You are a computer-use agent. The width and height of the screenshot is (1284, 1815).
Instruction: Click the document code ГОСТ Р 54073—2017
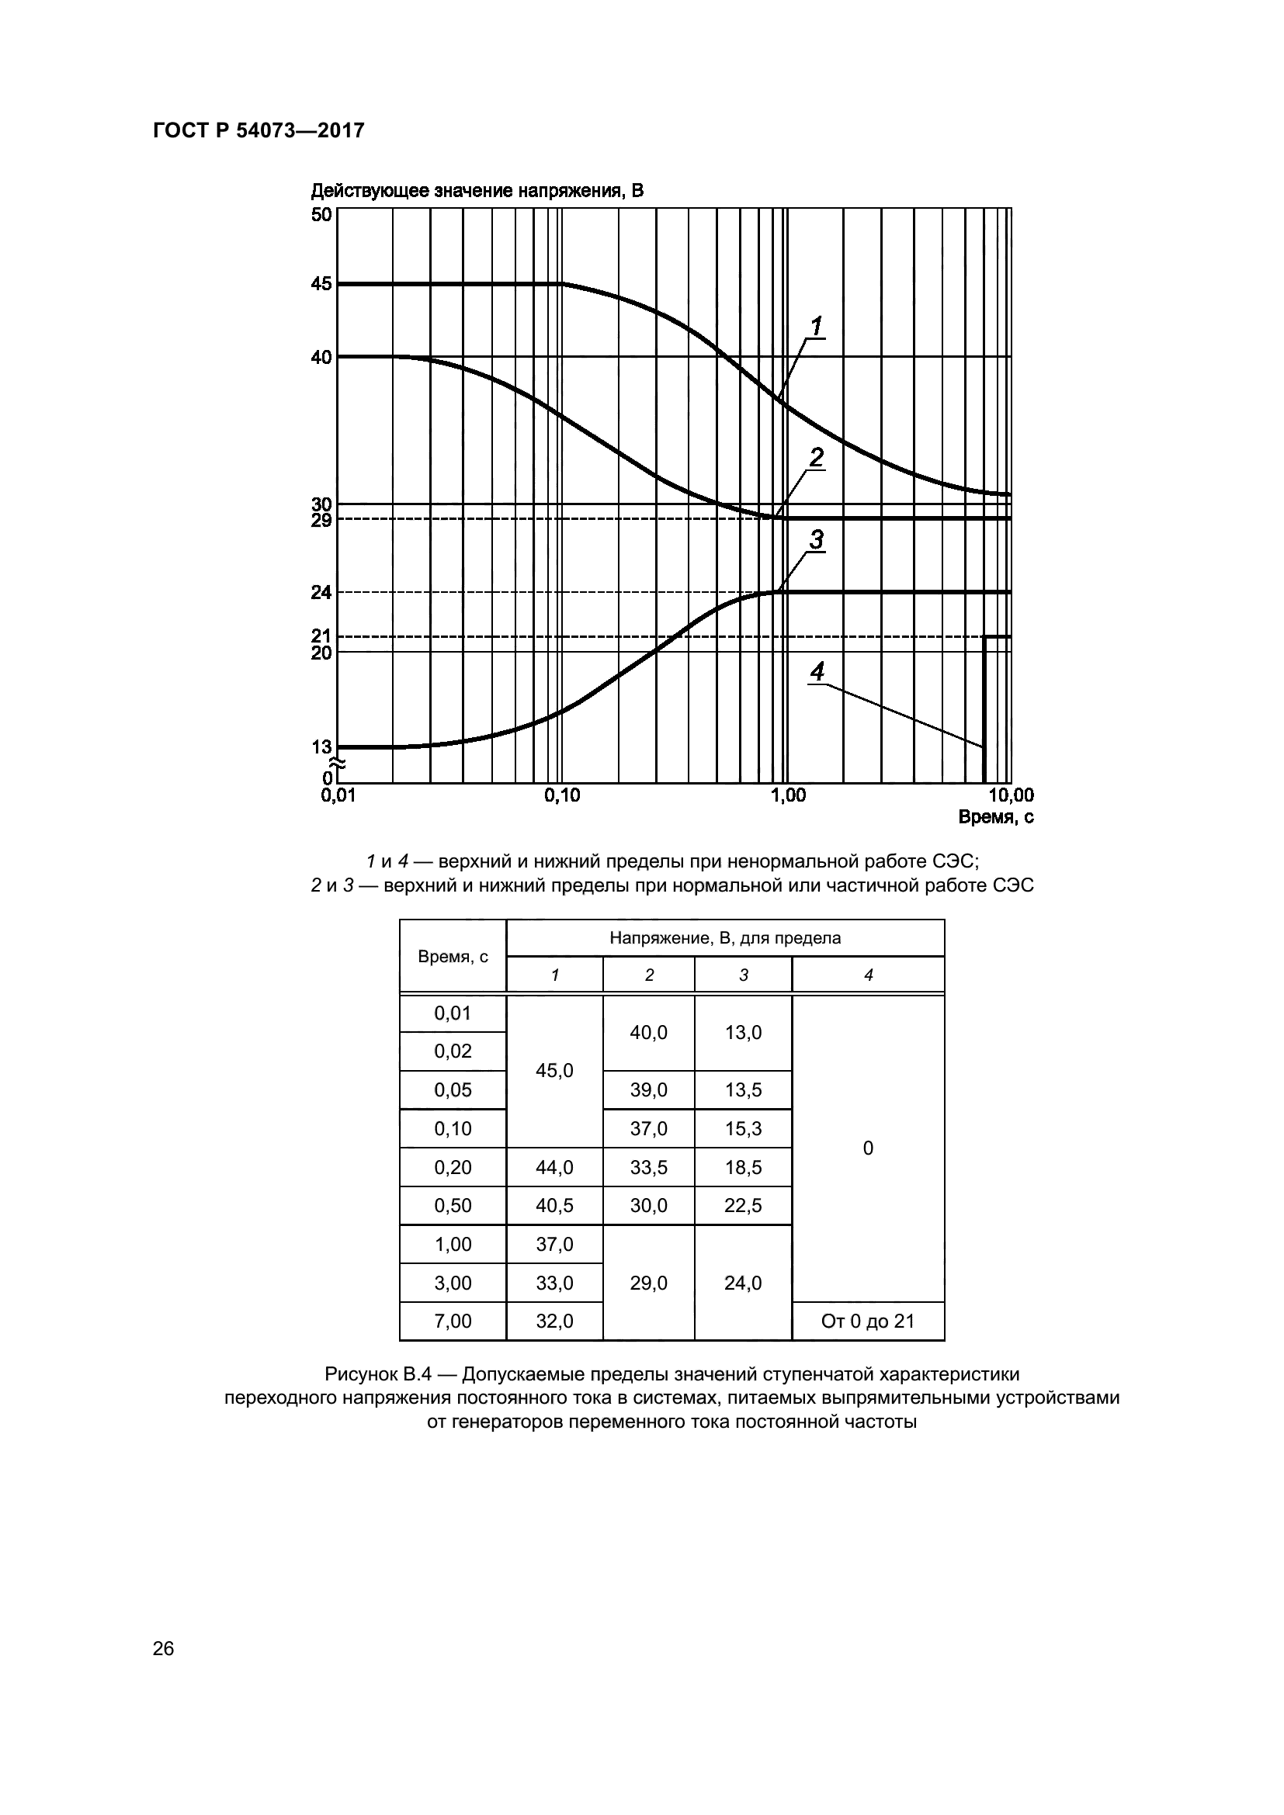tap(259, 130)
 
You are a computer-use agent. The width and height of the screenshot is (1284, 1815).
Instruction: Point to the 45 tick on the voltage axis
tap(321, 284)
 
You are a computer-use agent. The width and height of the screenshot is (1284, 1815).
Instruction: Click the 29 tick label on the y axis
tap(321, 520)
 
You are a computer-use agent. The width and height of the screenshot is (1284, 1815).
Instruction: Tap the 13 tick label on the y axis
tap(321, 746)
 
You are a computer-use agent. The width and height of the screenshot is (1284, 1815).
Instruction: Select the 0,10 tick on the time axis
tap(561, 795)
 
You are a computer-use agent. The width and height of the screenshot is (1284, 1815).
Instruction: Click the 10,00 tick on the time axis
tap(1011, 795)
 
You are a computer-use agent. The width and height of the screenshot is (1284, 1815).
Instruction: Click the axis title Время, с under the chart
tap(995, 817)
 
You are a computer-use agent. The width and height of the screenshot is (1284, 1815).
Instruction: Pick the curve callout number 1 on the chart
tap(816, 326)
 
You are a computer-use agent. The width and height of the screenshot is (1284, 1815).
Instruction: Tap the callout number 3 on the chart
tap(816, 539)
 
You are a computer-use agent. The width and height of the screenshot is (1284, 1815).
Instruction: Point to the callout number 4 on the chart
tap(817, 672)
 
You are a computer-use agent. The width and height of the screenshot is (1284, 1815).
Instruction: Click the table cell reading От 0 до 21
tap(867, 1321)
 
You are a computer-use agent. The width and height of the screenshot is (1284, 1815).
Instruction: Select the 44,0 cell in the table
tap(554, 1167)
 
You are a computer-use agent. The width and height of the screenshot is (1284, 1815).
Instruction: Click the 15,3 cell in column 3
tap(743, 1128)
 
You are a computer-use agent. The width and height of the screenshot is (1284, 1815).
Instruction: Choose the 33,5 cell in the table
tap(648, 1167)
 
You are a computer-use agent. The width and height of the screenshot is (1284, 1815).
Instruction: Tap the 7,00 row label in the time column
tap(453, 1321)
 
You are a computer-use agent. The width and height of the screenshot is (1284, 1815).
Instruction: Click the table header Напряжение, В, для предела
tap(725, 937)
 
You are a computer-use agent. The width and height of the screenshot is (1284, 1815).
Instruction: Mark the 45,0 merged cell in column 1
tap(554, 1070)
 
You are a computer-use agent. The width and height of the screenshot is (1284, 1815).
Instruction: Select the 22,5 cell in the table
tap(743, 1205)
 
